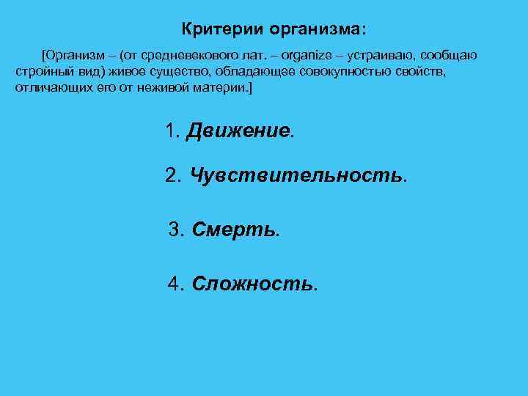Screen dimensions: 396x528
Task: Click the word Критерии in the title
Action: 222,30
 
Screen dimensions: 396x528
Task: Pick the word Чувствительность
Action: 296,175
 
